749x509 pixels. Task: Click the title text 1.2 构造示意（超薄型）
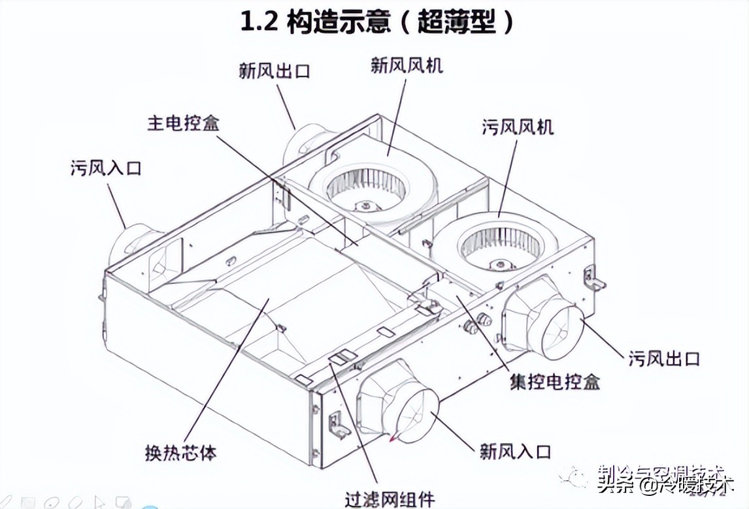377,22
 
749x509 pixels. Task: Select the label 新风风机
407,65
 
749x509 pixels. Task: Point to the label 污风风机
518,126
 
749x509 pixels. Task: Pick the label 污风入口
106,168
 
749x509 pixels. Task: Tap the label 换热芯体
180,452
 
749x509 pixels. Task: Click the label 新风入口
516,450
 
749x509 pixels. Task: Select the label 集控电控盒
555,381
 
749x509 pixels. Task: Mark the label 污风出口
665,358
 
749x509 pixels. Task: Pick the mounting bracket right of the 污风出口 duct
594,278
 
